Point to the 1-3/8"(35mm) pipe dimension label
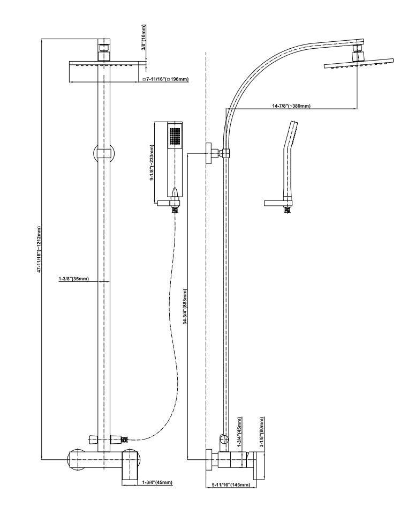[x=74, y=279]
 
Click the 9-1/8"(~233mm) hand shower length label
[x=152, y=162]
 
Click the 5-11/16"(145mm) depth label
[x=231, y=485]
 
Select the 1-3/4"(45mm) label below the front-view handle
[x=158, y=482]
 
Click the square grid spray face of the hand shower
[x=175, y=136]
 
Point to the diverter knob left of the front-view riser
[x=92, y=439]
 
